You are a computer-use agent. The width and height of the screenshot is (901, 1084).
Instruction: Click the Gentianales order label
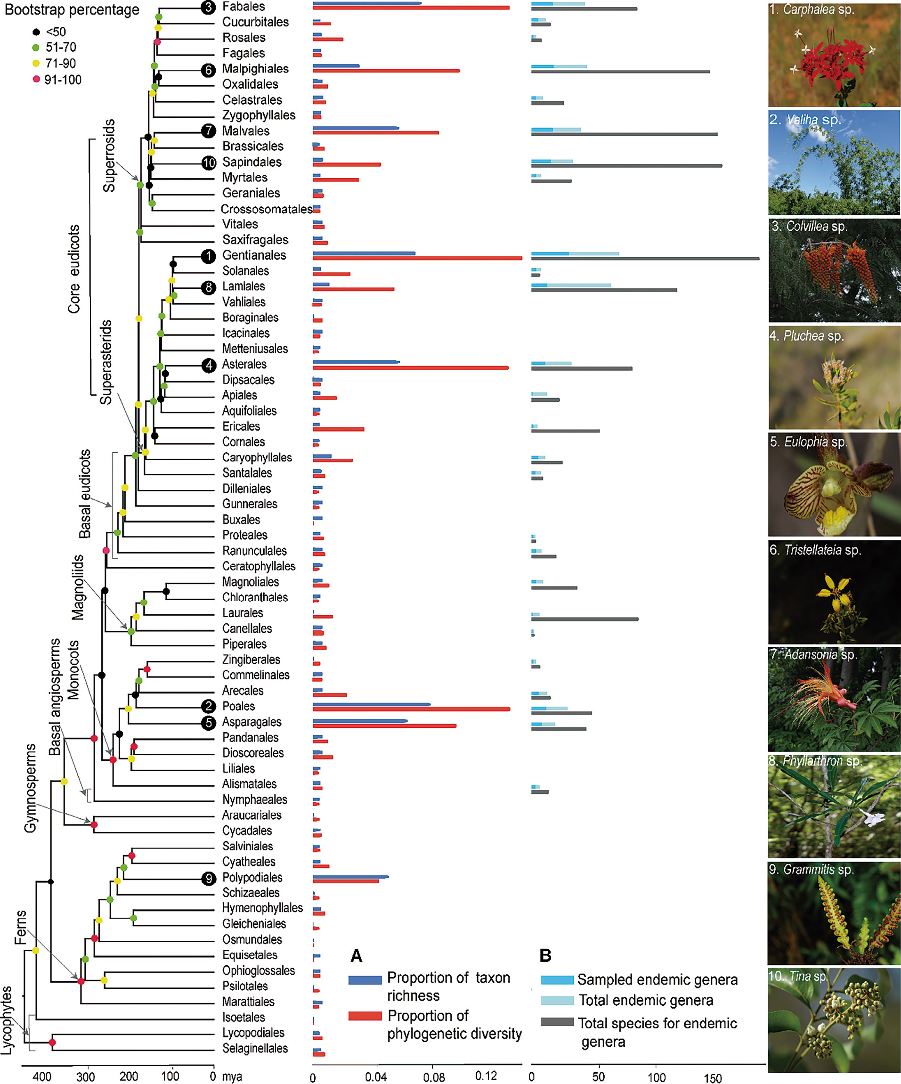pos(254,255)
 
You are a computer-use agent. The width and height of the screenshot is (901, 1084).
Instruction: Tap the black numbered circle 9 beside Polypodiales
pos(209,878)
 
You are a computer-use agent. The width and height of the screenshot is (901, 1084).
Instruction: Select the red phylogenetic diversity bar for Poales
pos(411,709)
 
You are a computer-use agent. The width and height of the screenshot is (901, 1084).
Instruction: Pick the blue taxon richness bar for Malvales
pos(356,128)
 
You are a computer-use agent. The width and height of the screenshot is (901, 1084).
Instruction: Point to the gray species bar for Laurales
pos(584,619)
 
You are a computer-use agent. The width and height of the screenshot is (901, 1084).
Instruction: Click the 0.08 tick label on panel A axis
pos(434,1077)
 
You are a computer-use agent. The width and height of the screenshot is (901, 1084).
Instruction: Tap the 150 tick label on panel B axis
pos(713,1078)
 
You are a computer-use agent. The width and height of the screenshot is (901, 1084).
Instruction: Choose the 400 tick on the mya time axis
pos(42,1077)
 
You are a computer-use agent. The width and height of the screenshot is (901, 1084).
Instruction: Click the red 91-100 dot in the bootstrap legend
pos(36,79)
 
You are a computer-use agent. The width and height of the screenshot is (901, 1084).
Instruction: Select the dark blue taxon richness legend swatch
pos(365,980)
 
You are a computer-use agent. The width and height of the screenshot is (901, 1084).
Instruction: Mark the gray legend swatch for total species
pos(557,1022)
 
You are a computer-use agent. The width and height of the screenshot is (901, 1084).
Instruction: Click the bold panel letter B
pos(545,955)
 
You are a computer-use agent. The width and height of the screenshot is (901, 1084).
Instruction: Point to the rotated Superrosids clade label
pos(109,156)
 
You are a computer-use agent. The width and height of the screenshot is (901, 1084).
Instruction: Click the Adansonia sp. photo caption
pos(813,654)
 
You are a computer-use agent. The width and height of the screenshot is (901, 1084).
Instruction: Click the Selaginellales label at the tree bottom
pos(255,1048)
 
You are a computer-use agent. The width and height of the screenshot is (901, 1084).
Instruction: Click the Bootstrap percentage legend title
pos(72,10)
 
